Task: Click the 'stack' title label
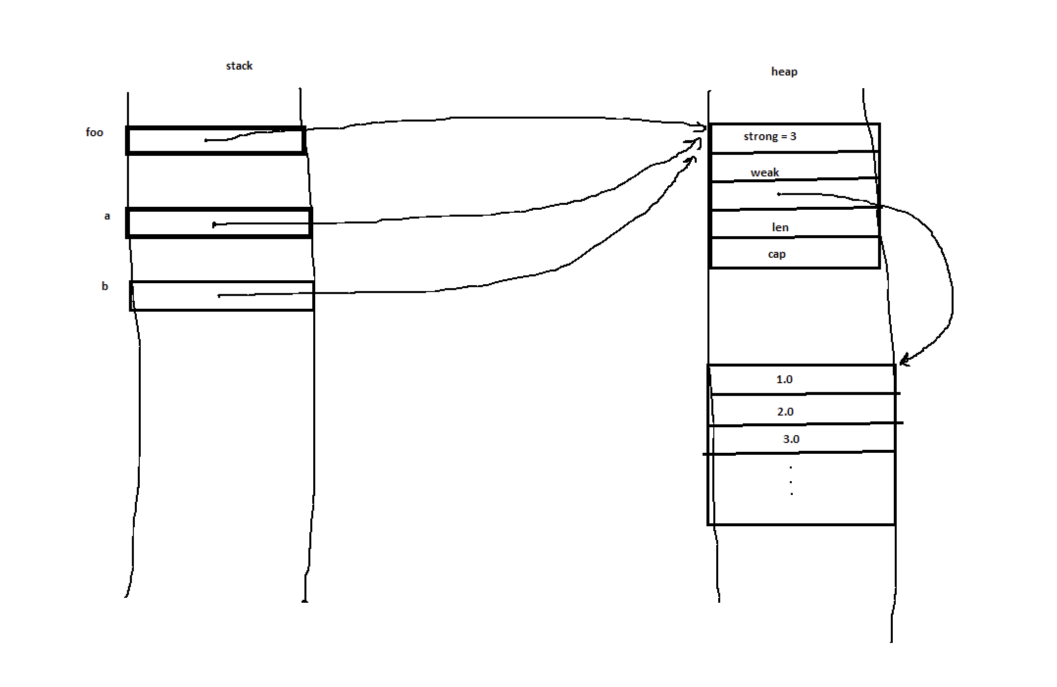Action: click(239, 66)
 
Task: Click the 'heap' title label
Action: click(784, 72)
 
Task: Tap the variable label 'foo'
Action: click(94, 132)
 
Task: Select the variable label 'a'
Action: click(107, 216)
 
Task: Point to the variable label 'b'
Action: click(104, 286)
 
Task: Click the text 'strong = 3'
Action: click(770, 136)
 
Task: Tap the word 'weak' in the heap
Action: click(764, 172)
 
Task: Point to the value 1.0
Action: click(784, 379)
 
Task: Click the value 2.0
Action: click(785, 412)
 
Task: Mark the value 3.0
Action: click(791, 439)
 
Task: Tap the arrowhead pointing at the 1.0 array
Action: click(904, 360)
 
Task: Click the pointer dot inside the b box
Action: click(219, 295)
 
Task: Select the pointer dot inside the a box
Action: click(214, 225)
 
